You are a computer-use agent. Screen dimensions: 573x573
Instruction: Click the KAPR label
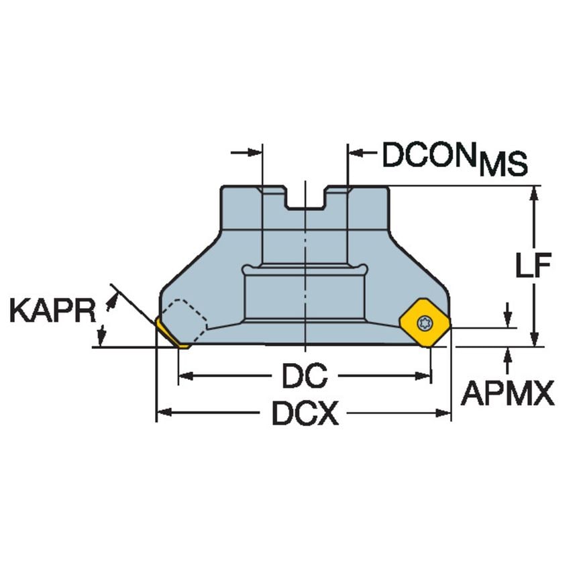[x=52, y=311]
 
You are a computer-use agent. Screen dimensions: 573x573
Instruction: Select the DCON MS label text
[x=454, y=158]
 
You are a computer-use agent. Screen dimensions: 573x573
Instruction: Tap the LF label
[x=533, y=267]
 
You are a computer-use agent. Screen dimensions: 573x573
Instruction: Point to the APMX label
[x=508, y=395]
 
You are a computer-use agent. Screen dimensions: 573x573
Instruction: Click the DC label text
[x=304, y=376]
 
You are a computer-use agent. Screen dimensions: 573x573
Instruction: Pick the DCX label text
[x=304, y=415]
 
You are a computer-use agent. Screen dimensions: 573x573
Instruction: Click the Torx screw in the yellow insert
[x=423, y=323]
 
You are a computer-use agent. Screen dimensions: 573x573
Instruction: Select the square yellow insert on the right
[x=423, y=324]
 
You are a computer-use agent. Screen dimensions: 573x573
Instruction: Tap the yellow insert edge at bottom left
[x=170, y=335]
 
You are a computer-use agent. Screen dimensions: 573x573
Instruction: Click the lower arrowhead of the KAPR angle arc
[x=103, y=333]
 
